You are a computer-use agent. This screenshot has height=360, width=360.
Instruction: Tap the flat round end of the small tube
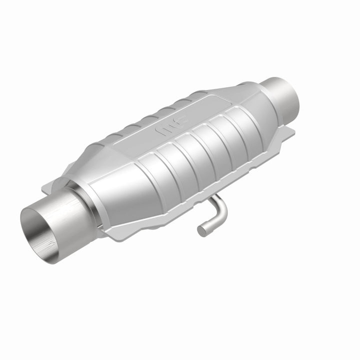click(201, 230)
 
